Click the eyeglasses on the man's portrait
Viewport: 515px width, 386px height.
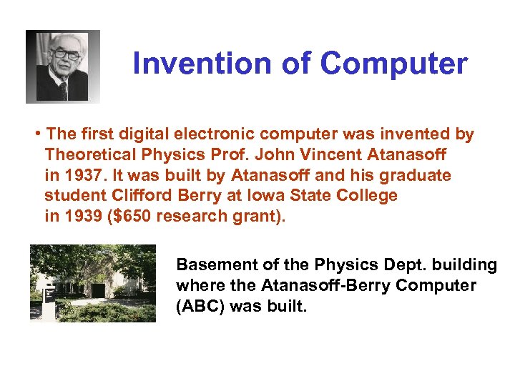click(64, 54)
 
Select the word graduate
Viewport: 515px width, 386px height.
click(419, 176)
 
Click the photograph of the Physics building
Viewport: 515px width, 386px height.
click(92, 283)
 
